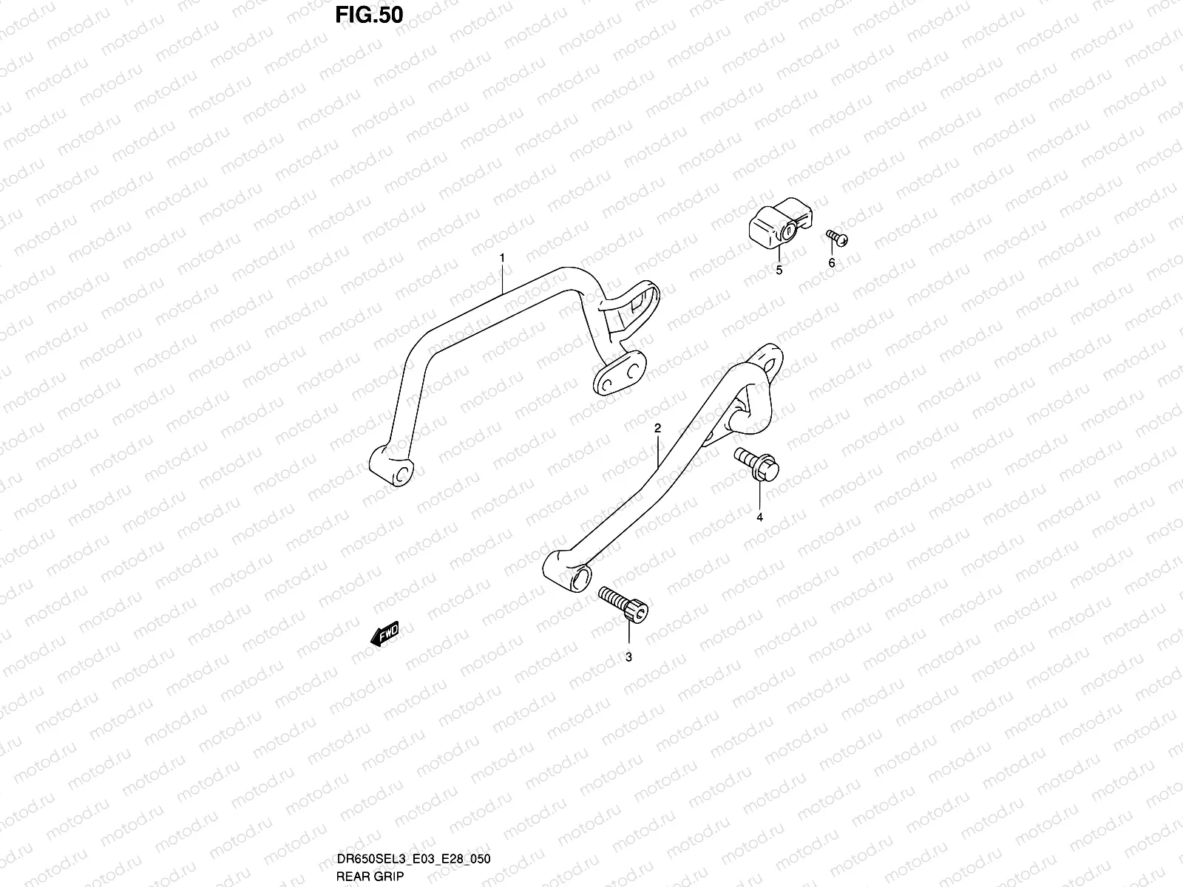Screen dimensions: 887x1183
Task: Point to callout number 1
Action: [502, 258]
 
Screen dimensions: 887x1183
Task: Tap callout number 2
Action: [657, 429]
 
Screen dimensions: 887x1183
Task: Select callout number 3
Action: [628, 656]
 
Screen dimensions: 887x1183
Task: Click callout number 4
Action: [759, 517]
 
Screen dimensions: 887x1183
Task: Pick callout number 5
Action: [779, 271]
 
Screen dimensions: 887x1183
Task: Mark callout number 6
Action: [831, 263]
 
